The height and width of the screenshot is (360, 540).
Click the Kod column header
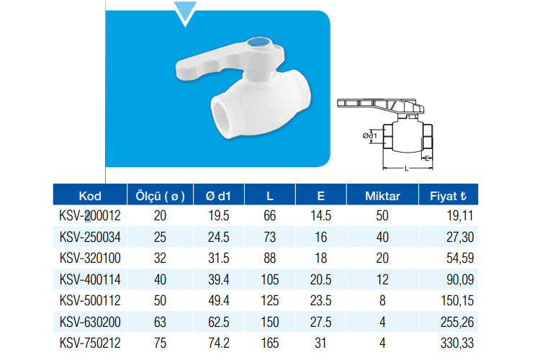tap(90, 196)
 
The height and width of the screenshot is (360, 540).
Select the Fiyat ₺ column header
tap(448, 196)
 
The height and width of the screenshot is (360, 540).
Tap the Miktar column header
tap(382, 196)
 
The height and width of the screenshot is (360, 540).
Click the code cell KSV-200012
tap(90, 216)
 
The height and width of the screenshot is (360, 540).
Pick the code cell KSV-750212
tap(90, 343)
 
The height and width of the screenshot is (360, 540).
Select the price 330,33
tap(457, 343)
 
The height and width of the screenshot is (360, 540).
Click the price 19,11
tap(460, 216)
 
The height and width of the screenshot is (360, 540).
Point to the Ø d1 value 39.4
tap(218, 279)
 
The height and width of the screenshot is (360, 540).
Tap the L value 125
tap(270, 301)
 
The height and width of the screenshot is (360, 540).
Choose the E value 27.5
tap(320, 322)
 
